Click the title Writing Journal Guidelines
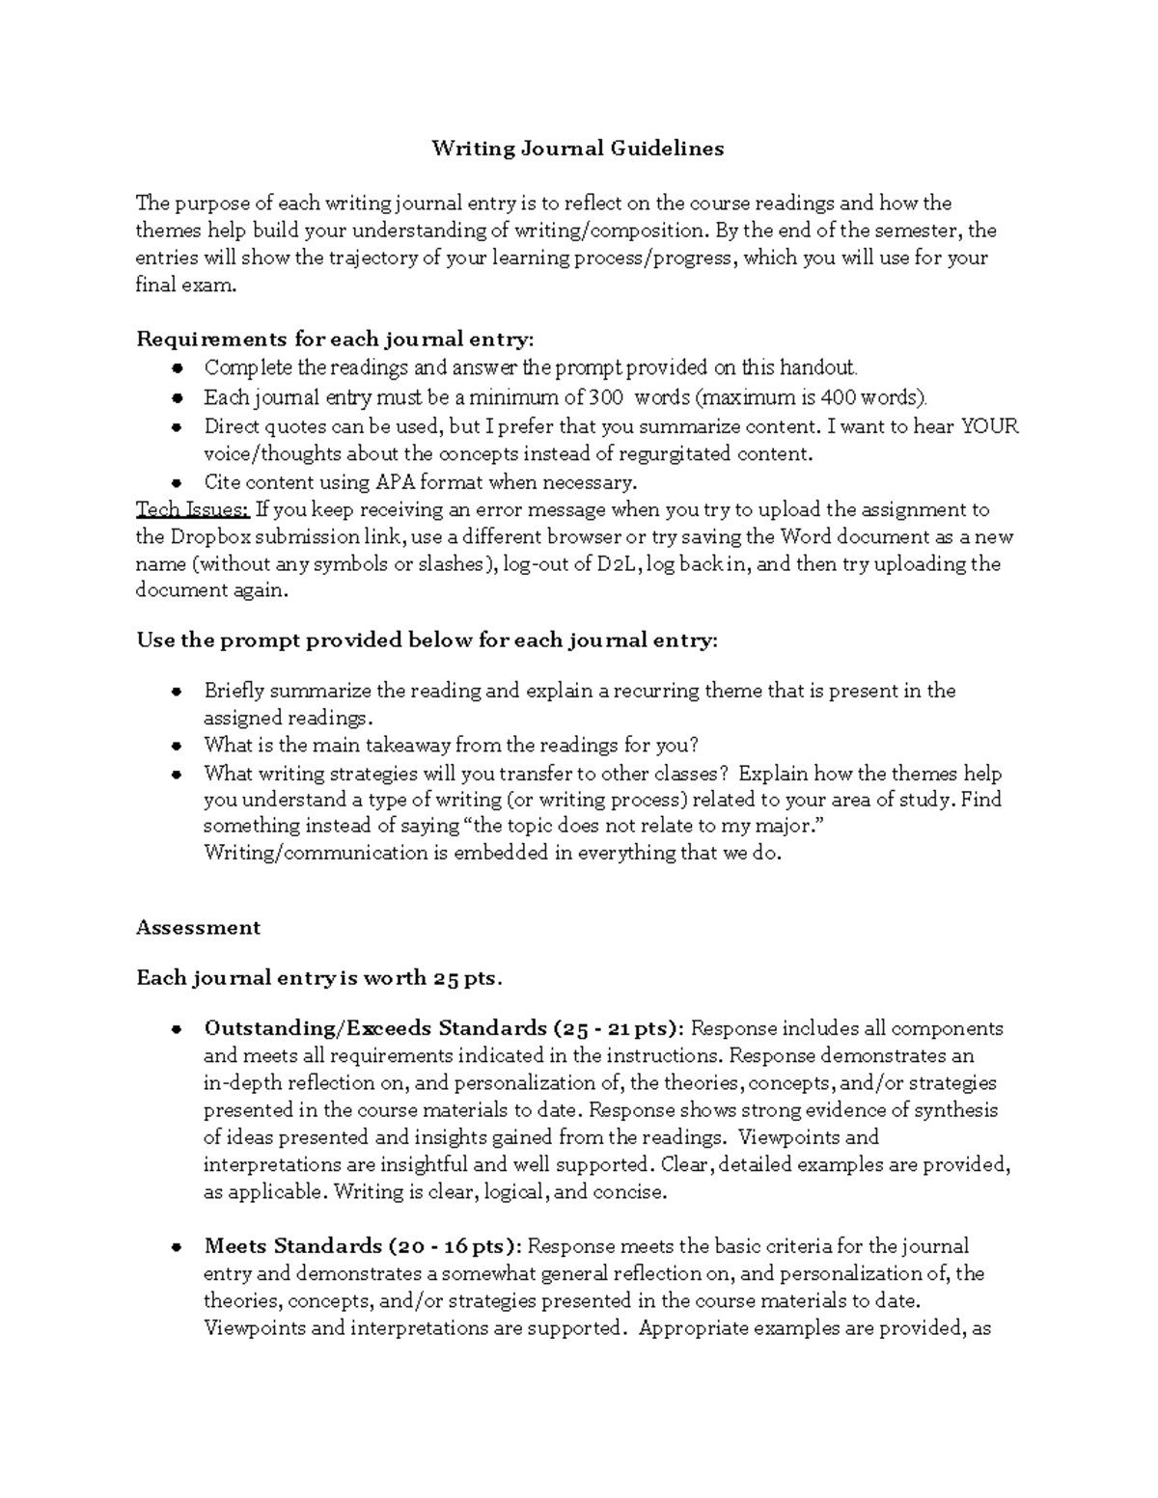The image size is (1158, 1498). coord(577,149)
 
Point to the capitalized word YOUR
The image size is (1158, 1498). coord(989,426)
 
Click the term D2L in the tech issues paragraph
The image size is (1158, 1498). coord(618,564)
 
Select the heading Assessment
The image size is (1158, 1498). coord(198,928)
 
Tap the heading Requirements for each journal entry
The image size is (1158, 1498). coord(334,340)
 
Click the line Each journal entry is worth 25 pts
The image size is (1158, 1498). coord(318,978)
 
